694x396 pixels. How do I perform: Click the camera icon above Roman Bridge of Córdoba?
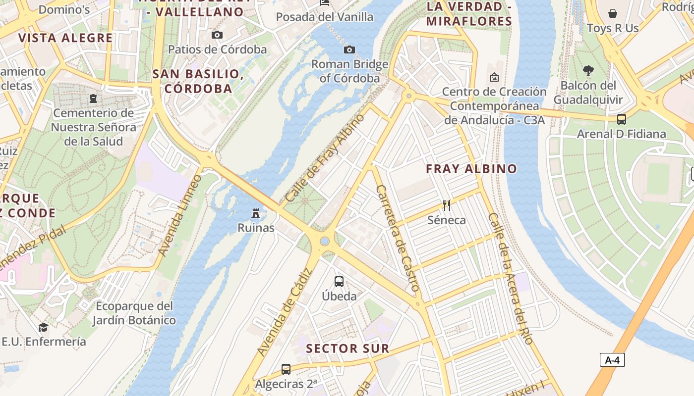(349, 49)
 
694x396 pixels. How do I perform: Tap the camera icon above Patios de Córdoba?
(217, 35)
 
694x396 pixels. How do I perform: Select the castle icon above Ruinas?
(256, 213)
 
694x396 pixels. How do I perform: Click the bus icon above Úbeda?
(339, 282)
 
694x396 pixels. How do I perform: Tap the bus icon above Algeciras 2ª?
(286, 369)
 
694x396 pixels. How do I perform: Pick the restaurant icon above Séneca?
(447, 205)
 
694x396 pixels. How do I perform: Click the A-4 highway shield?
(612, 360)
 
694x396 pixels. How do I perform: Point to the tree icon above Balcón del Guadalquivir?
(588, 71)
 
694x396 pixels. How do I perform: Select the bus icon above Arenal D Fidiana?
(622, 119)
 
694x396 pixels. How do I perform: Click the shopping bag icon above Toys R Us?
(613, 13)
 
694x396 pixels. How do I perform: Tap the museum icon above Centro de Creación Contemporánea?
(494, 77)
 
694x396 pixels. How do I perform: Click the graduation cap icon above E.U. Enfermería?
(44, 327)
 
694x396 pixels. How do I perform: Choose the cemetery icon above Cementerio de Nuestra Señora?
(93, 99)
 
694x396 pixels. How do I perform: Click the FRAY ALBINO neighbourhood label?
(471, 169)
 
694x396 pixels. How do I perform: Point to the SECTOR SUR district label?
(347, 348)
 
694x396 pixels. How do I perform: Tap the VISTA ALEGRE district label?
(65, 38)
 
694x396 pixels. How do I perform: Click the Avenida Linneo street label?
(180, 215)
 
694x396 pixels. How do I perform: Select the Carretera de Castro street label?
(398, 238)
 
